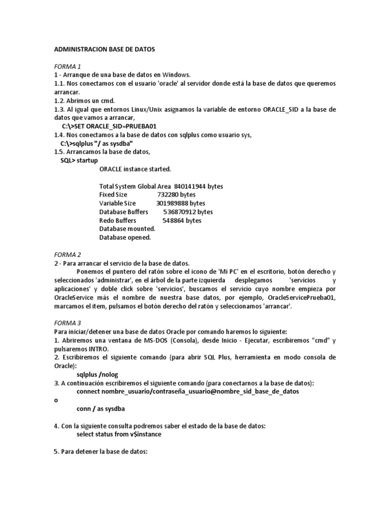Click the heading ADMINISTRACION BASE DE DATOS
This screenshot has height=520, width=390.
(x=104, y=50)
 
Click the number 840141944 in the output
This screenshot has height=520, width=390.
(x=190, y=186)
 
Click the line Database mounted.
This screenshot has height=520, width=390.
(x=127, y=229)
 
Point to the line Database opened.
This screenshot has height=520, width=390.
(x=125, y=237)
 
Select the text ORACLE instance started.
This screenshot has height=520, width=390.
(x=135, y=169)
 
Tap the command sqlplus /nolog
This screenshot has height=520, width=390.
(x=100, y=374)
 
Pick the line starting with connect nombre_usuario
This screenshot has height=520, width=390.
(x=187, y=392)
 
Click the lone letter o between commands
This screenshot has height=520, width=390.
(x=56, y=400)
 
